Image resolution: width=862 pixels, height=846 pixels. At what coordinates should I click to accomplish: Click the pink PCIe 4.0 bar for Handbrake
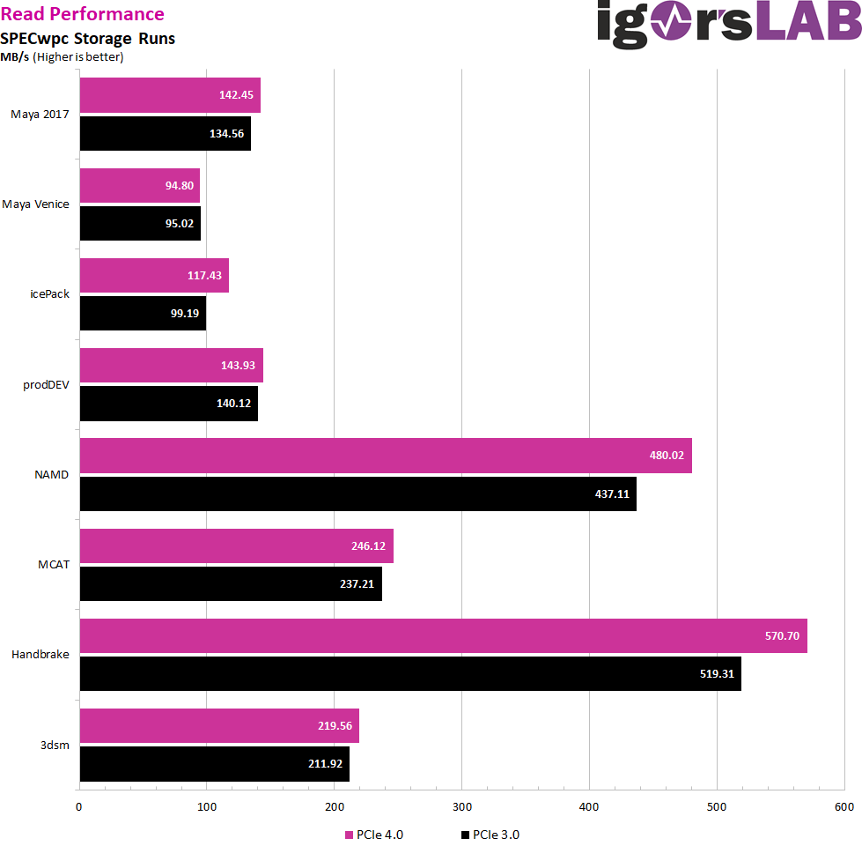[x=443, y=635]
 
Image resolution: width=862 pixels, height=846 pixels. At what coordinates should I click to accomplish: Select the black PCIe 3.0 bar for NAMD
[x=357, y=493]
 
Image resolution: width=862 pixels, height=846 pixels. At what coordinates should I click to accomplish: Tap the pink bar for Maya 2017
[x=170, y=95]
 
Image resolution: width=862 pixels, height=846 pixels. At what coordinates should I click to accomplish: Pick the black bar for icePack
[x=143, y=313]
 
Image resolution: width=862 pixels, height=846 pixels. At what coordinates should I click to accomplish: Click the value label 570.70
[x=781, y=635]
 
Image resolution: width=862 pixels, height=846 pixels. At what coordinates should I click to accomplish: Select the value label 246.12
[x=368, y=545]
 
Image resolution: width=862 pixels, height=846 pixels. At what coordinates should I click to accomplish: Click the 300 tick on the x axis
[x=462, y=807]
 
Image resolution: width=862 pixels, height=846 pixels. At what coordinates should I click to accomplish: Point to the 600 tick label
[x=844, y=807]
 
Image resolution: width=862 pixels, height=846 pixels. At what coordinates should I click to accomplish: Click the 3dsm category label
[x=55, y=745]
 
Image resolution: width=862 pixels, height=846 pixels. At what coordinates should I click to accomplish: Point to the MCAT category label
[x=53, y=565]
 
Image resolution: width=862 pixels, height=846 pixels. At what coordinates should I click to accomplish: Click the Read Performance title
[x=82, y=14]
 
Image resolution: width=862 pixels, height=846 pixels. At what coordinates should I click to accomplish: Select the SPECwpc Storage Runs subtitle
[x=87, y=39]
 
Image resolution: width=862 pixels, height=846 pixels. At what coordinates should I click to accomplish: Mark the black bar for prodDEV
[x=168, y=403]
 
